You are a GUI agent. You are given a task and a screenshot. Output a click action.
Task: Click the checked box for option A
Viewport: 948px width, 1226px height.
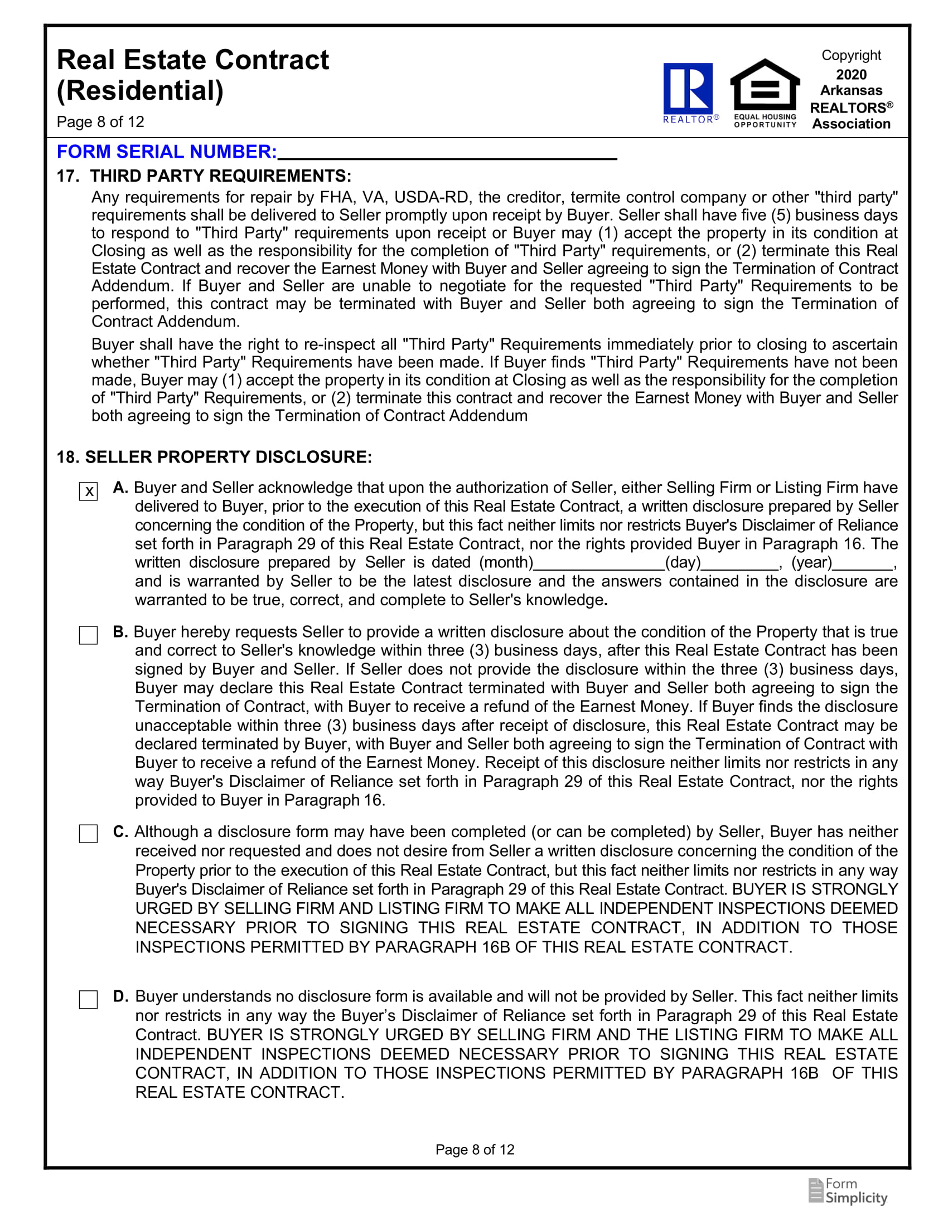[88, 492]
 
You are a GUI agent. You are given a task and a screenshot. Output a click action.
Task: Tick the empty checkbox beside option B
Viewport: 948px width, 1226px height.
[88, 635]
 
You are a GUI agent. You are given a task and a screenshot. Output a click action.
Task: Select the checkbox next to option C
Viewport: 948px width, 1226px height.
[88, 834]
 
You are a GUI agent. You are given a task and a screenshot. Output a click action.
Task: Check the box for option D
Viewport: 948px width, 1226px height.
[88, 1000]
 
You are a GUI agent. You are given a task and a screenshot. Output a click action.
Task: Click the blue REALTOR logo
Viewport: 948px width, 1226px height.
[689, 90]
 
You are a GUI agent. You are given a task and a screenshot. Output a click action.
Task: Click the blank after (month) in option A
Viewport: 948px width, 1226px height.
[599, 563]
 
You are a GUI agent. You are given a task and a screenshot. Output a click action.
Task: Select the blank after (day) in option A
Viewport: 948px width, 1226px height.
[739, 563]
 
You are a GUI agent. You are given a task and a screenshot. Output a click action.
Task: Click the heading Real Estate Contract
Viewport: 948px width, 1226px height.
[192, 60]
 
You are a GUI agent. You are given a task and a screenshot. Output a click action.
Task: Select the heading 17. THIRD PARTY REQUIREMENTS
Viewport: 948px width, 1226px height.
[204, 176]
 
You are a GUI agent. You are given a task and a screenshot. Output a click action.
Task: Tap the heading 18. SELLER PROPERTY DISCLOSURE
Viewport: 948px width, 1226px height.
[214, 457]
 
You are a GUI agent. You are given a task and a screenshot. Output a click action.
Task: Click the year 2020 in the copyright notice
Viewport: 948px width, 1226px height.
[851, 75]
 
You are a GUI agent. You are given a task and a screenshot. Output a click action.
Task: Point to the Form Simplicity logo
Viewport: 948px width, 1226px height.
[848, 1192]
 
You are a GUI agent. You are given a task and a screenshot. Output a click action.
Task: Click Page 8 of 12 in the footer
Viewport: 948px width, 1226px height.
[475, 1150]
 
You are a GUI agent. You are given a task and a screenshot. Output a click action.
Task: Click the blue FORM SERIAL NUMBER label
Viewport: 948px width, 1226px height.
[167, 152]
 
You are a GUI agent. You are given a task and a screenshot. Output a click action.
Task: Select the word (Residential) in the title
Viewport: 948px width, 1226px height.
[140, 91]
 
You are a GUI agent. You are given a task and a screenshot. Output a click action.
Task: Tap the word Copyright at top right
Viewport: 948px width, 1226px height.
[851, 56]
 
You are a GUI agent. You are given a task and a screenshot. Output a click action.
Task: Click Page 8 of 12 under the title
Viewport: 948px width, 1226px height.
[100, 122]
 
